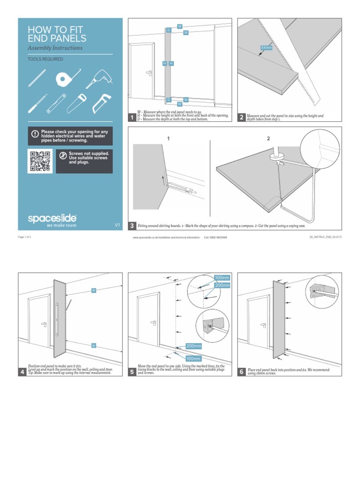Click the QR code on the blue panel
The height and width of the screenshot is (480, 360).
click(x=40, y=161)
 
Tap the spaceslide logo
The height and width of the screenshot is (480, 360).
click(x=52, y=218)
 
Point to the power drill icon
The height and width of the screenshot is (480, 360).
click(x=99, y=78)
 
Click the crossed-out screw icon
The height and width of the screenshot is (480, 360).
click(x=63, y=156)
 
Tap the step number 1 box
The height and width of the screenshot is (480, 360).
click(x=133, y=118)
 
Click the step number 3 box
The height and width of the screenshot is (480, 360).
click(x=132, y=226)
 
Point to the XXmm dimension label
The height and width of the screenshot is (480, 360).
click(x=266, y=48)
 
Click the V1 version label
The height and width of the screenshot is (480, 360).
click(x=117, y=225)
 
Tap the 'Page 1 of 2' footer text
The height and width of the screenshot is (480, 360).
click(x=24, y=238)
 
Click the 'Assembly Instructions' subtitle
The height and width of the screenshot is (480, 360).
click(x=55, y=48)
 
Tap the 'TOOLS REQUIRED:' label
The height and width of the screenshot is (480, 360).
click(x=46, y=60)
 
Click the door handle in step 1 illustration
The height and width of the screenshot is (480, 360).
click(x=150, y=73)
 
